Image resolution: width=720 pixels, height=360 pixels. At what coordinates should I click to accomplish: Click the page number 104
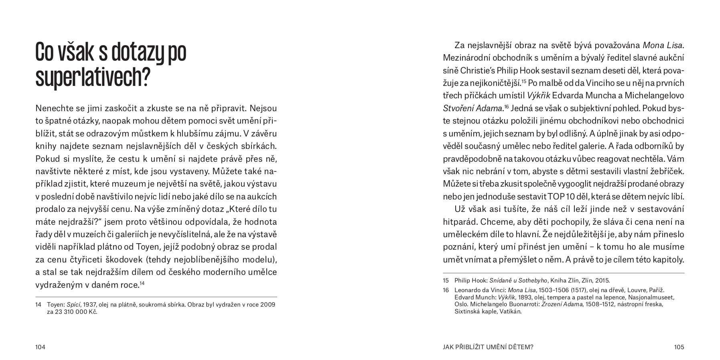pyautogui.click(x=40, y=347)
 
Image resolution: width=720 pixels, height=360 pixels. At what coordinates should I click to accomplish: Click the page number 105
pyautogui.click(x=679, y=347)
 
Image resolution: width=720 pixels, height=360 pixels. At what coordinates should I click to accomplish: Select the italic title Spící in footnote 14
pyautogui.click(x=73, y=305)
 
